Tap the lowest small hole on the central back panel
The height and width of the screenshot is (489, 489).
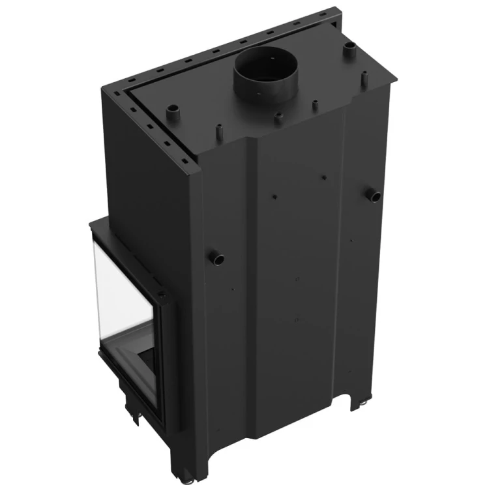[x=297, y=320]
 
